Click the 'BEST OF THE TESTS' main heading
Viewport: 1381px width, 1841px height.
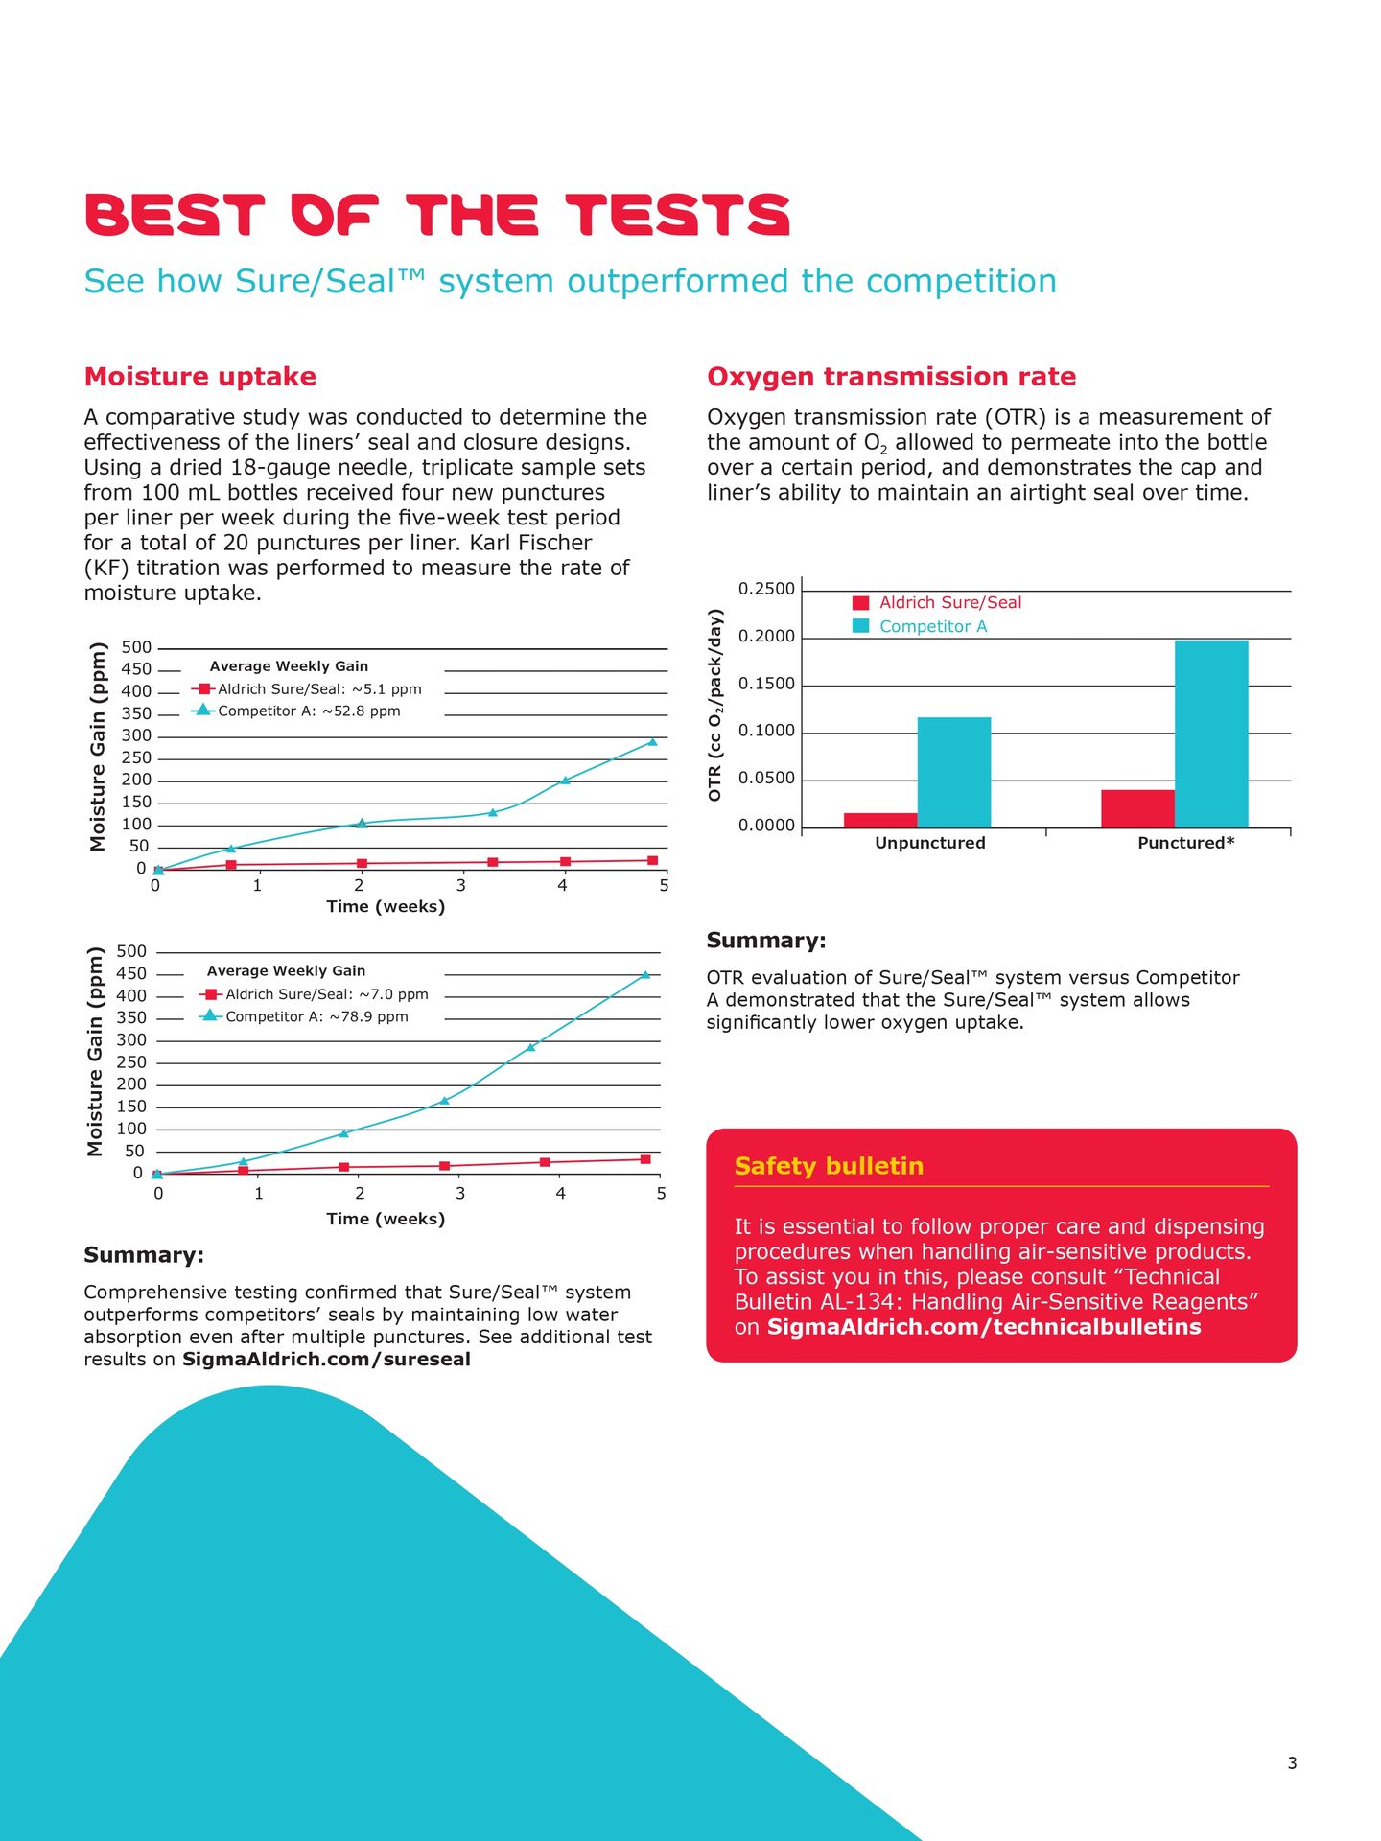(437, 215)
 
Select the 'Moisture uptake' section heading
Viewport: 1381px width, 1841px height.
(200, 377)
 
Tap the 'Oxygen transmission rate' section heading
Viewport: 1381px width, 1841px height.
(891, 377)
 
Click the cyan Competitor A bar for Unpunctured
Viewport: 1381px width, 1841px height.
(954, 772)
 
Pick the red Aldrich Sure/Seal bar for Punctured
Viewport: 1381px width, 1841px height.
(1137, 808)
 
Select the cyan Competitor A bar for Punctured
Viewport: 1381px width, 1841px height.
(1211, 734)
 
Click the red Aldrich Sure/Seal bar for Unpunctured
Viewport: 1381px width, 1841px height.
(880, 820)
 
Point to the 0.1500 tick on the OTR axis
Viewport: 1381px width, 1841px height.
(766, 685)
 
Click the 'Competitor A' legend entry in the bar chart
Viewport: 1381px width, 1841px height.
(932, 626)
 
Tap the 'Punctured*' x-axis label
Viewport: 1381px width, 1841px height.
(1186, 843)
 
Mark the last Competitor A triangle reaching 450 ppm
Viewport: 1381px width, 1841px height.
(645, 974)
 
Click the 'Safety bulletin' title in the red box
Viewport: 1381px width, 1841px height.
(829, 1166)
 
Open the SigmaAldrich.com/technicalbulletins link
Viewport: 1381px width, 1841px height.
(984, 1327)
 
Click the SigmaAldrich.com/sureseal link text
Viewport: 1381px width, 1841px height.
(326, 1359)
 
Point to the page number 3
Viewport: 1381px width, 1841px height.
(1292, 1763)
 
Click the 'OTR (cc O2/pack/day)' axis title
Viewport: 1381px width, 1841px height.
(715, 706)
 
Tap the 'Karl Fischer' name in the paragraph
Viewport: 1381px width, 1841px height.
(530, 543)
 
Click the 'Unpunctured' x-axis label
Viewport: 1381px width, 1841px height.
(930, 843)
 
